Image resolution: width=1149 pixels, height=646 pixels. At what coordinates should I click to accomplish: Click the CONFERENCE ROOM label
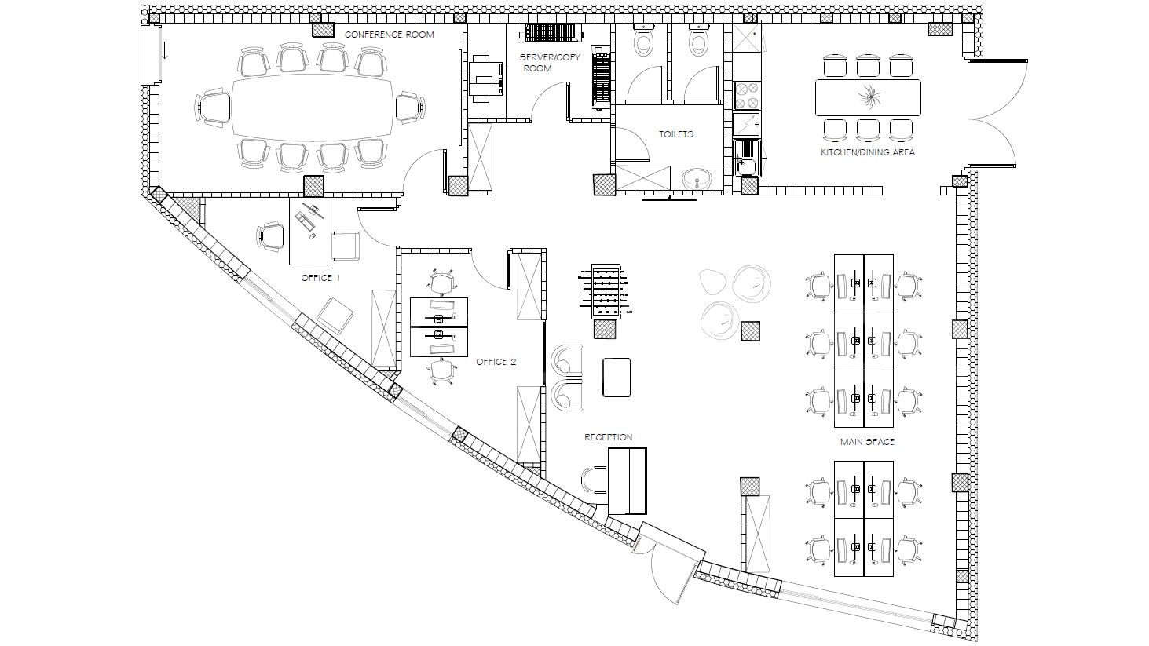[390, 35]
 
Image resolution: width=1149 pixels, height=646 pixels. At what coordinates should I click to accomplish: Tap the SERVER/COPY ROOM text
[550, 63]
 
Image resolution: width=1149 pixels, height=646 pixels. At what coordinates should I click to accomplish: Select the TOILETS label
[676, 133]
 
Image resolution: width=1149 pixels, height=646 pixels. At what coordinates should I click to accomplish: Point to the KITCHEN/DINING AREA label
[867, 152]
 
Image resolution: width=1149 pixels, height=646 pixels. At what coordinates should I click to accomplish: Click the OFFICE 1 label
[320, 278]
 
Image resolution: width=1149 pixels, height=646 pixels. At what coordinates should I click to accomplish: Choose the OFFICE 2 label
[496, 362]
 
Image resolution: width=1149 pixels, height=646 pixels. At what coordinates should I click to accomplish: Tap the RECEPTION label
[609, 437]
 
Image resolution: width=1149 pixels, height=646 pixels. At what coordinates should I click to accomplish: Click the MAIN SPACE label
[867, 442]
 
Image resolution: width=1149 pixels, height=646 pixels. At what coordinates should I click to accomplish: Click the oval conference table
[312, 108]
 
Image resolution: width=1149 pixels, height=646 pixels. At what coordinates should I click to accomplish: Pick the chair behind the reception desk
[595, 480]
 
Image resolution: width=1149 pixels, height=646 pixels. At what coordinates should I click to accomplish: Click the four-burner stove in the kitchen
[747, 95]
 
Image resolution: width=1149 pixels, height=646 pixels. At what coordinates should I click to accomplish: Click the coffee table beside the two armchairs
[617, 378]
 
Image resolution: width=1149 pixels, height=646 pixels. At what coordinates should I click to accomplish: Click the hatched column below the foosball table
[605, 329]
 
